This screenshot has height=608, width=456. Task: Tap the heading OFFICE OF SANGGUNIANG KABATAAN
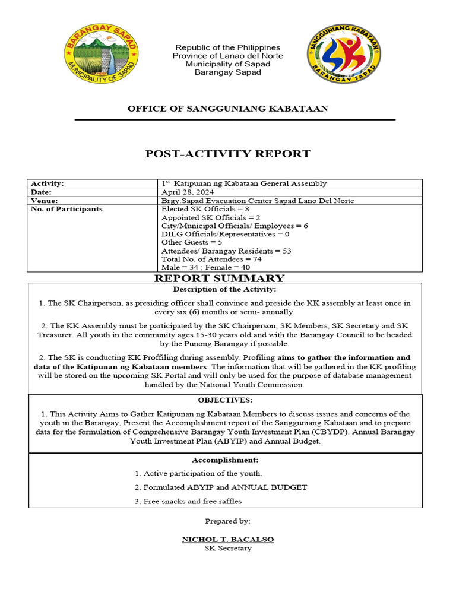coord(228,108)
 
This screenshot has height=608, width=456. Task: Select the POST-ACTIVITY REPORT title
coord(228,154)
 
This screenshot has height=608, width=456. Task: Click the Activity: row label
coord(47,184)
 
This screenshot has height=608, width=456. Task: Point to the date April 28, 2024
coord(188,192)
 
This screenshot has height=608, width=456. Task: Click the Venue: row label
coord(45,201)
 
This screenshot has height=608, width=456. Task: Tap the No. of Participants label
coord(66,209)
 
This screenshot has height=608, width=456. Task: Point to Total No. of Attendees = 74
coord(211,259)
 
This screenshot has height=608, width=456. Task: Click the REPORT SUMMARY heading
coord(220,278)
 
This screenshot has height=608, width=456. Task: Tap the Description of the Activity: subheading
coord(224,289)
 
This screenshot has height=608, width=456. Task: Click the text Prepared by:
coord(228,521)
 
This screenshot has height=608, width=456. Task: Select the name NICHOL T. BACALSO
coord(228,539)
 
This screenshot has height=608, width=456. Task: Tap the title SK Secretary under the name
coord(228,548)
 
